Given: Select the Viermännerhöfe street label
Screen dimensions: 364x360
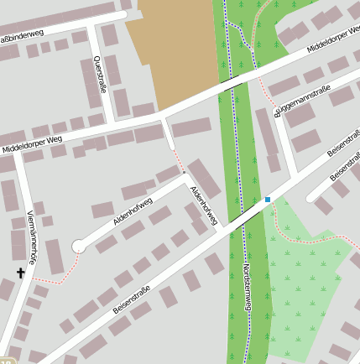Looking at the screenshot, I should coord(31,237).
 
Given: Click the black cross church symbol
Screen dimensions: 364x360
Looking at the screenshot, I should coord(21,273).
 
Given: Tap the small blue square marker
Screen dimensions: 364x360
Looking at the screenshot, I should coord(268,200).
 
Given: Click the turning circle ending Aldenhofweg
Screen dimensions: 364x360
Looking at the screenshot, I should coord(79,246).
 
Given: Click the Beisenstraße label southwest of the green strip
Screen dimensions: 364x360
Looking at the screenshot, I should coord(132,299).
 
